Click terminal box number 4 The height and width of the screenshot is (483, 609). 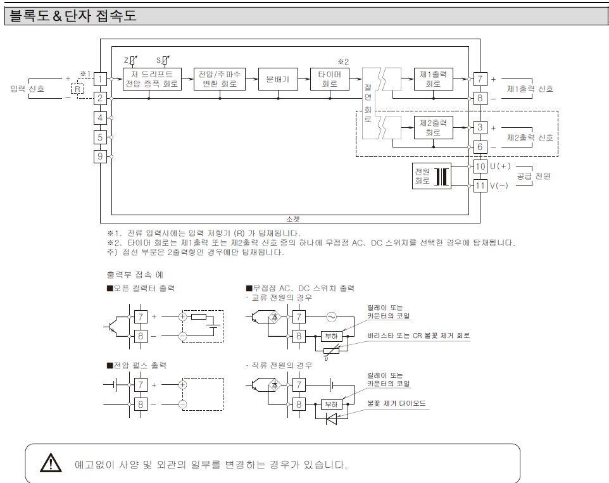[101, 118]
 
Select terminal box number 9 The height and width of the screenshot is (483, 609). [101, 156]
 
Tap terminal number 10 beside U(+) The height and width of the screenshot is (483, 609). [480, 166]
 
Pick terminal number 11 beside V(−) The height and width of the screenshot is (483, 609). [480, 185]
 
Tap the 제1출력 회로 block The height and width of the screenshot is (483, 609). [434, 78]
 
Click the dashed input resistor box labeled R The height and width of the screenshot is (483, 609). [77, 89]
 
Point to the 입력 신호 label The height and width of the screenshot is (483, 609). [28, 89]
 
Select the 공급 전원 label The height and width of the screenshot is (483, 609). [534, 176]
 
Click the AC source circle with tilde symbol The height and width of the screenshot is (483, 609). [332, 315]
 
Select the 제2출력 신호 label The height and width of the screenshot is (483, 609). [531, 137]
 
